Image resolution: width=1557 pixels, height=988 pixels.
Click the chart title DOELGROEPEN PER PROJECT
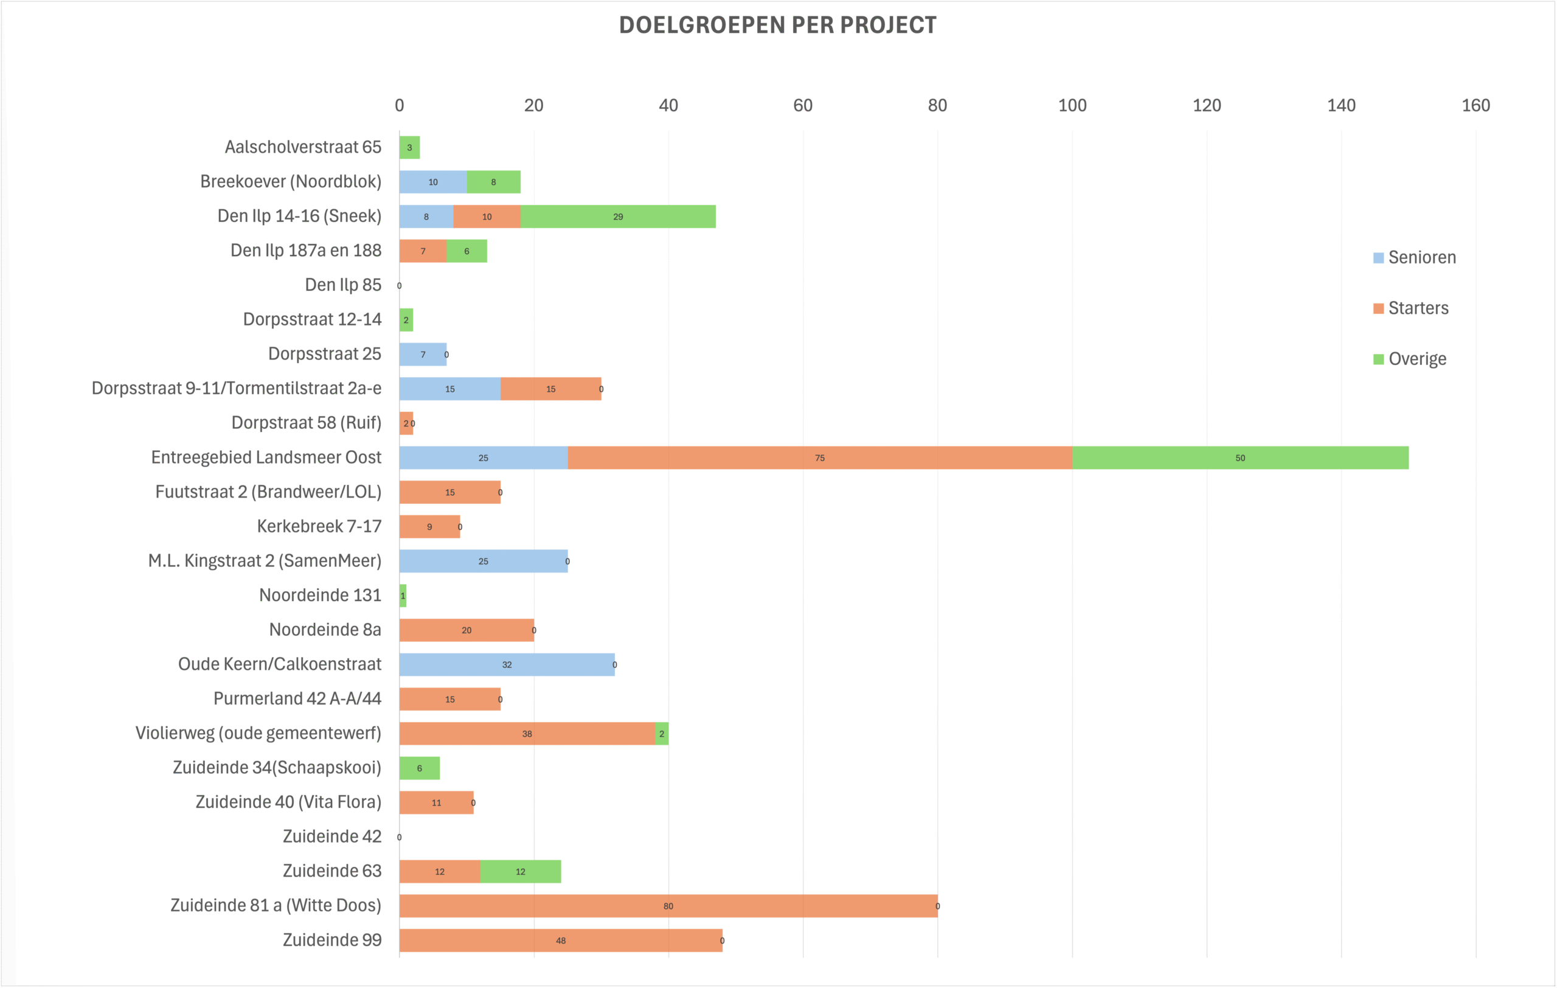tap(777, 25)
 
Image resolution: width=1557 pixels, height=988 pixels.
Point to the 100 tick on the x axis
tap(1072, 105)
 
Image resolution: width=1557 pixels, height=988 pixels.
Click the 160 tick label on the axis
tap(1476, 105)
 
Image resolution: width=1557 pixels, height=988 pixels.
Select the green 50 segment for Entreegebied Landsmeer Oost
tap(1240, 457)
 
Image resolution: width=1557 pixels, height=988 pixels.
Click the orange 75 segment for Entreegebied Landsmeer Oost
tap(819, 457)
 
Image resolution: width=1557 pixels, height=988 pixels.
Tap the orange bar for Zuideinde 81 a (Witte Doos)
tap(668, 906)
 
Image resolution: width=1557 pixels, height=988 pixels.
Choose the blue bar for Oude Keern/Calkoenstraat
tap(506, 665)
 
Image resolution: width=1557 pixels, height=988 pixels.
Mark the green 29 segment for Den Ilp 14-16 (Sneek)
tap(617, 217)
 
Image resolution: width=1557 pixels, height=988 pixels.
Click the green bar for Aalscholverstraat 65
tap(409, 147)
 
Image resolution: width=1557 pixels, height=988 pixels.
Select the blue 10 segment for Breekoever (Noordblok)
tap(432, 182)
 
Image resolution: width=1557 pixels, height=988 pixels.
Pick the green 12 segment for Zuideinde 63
tap(520, 872)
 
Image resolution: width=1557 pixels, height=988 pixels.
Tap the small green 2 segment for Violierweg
tap(662, 734)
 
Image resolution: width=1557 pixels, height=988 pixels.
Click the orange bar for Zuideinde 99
tap(560, 941)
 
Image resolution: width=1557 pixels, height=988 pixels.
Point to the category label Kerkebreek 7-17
tap(319, 526)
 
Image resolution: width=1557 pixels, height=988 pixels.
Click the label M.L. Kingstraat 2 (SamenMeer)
tap(265, 560)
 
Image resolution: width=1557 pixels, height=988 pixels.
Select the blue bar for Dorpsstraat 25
tap(422, 354)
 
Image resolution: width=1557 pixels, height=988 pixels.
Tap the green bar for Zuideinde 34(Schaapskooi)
tap(419, 768)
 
